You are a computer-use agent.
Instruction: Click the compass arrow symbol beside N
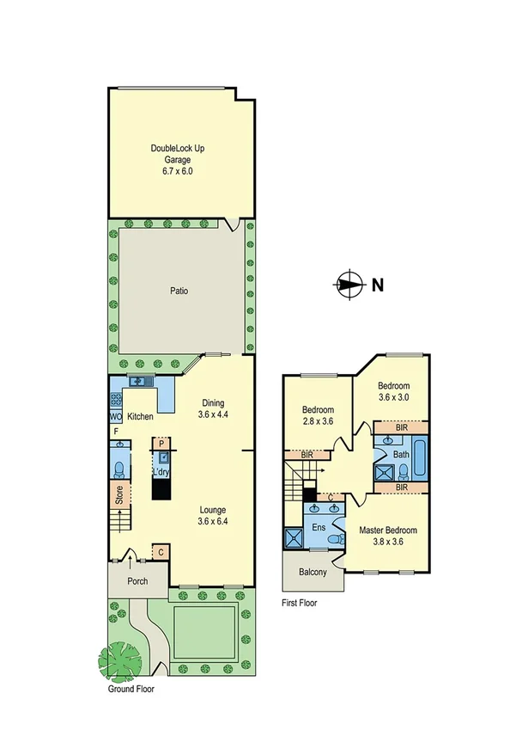tap(349, 285)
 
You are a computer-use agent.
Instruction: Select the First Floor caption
tap(300, 603)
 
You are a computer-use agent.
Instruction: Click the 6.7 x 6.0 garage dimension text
tap(178, 171)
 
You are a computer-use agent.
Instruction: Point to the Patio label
tap(179, 291)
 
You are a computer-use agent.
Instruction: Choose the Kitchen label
tap(140, 417)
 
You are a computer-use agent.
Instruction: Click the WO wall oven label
tap(115, 417)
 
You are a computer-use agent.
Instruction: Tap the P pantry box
tap(160, 443)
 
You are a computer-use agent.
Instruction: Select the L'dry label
tap(161, 472)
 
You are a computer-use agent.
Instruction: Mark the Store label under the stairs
tap(118, 496)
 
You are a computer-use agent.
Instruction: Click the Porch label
tap(137, 580)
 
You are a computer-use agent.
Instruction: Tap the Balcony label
tap(312, 572)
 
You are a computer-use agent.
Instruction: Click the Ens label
tap(317, 527)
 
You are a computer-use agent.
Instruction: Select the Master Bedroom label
tap(386, 530)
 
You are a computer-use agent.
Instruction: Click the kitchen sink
tap(139, 381)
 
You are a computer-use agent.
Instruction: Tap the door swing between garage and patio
tap(233, 224)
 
